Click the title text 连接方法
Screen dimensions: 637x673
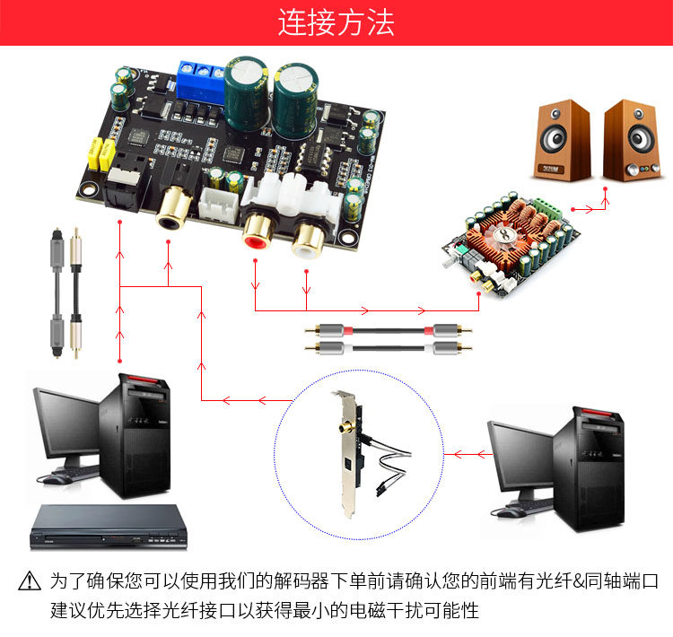(336, 22)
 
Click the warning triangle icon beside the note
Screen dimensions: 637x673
(30, 580)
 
